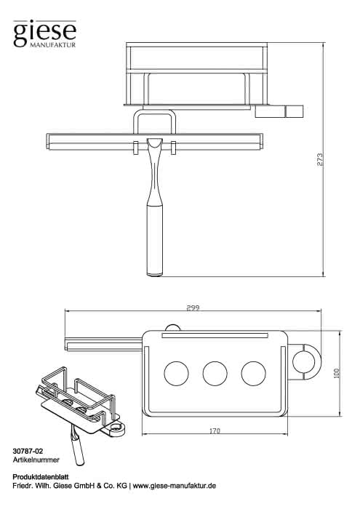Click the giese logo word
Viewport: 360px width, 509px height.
(x=45, y=32)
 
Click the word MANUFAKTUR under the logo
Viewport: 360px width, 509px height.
(x=52, y=45)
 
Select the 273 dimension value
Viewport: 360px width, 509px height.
(x=320, y=159)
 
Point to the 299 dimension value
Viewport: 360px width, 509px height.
(x=193, y=308)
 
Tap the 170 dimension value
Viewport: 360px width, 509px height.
(x=215, y=431)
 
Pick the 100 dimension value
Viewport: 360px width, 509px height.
(x=336, y=372)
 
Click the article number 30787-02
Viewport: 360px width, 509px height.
(x=28, y=452)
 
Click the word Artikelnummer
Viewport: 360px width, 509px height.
(x=36, y=460)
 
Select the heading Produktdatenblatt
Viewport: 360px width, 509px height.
(x=41, y=477)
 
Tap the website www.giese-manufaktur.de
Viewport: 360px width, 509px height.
(x=175, y=486)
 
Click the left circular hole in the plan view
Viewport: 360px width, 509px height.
(x=176, y=374)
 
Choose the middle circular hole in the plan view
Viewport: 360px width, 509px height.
(x=215, y=374)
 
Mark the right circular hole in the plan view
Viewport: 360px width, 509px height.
(x=254, y=374)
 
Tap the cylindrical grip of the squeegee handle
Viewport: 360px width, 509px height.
(x=155, y=240)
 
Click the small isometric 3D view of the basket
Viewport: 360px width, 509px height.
(x=81, y=415)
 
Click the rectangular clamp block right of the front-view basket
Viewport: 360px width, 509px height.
(x=279, y=111)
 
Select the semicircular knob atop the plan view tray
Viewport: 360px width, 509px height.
(x=172, y=328)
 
